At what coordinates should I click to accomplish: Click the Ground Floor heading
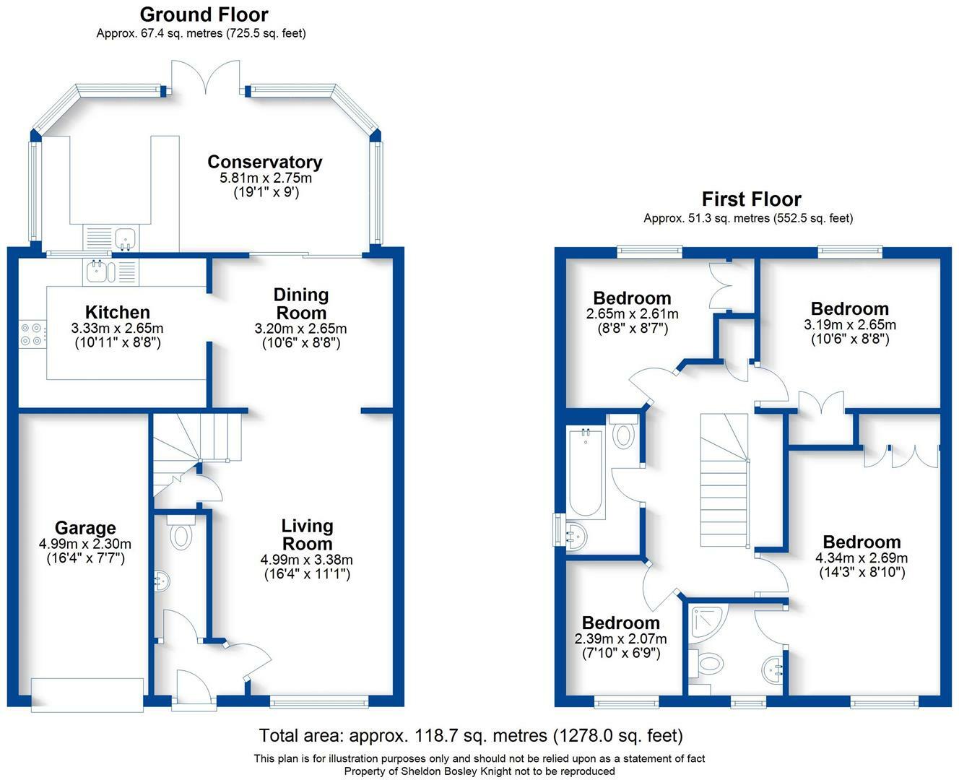[x=204, y=14]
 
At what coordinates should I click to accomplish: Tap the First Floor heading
[x=751, y=199]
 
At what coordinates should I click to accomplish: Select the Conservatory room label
[x=264, y=162]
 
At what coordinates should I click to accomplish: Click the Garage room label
[x=85, y=528]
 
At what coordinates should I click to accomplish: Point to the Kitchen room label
[x=118, y=312]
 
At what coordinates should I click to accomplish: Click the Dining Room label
[x=301, y=304]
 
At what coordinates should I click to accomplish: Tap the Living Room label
[x=307, y=535]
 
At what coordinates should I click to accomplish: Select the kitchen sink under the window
[x=97, y=271]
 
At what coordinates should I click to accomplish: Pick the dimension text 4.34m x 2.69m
[x=862, y=558]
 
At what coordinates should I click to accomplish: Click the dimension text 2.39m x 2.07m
[x=620, y=639]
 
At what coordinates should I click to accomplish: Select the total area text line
[x=471, y=736]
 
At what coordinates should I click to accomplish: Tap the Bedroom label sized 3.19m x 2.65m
[x=849, y=309]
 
